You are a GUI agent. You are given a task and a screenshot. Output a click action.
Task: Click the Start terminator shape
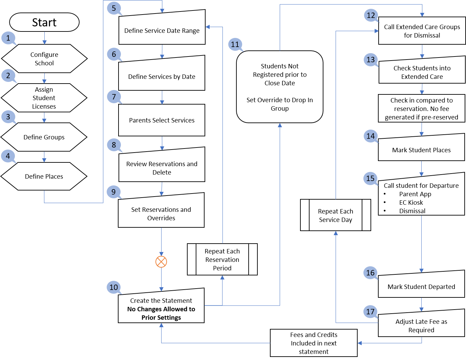point(44,22)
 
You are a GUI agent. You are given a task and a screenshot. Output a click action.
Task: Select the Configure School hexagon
point(44,59)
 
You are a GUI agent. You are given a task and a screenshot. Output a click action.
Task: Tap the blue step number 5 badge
point(114,8)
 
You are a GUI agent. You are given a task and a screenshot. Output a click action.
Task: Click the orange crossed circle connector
point(161,262)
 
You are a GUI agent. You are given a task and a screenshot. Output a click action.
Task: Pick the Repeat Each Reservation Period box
point(222,260)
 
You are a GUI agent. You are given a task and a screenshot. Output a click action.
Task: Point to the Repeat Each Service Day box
point(335,215)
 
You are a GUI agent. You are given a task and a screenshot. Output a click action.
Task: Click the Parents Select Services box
point(162,120)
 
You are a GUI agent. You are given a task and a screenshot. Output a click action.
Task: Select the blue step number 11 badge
point(235,44)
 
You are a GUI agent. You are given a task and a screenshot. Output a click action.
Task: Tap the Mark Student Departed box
point(421,286)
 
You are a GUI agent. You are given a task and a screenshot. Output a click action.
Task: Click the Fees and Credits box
point(314,343)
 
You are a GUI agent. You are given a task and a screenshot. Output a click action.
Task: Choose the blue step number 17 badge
point(370,312)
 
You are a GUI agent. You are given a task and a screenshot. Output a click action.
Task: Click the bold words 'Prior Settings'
point(161,318)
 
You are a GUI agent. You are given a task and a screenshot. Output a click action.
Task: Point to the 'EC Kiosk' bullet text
point(411,202)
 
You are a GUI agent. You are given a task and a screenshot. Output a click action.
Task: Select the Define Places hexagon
point(44,176)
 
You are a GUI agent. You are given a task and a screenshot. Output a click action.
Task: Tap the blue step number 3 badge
point(8,117)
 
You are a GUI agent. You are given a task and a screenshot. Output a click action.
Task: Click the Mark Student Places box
point(421,150)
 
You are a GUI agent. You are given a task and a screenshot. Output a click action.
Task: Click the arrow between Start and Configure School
point(44,38)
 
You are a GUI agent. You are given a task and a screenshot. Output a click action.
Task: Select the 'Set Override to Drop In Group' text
point(280,104)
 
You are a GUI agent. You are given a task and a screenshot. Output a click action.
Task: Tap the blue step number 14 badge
point(370,136)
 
